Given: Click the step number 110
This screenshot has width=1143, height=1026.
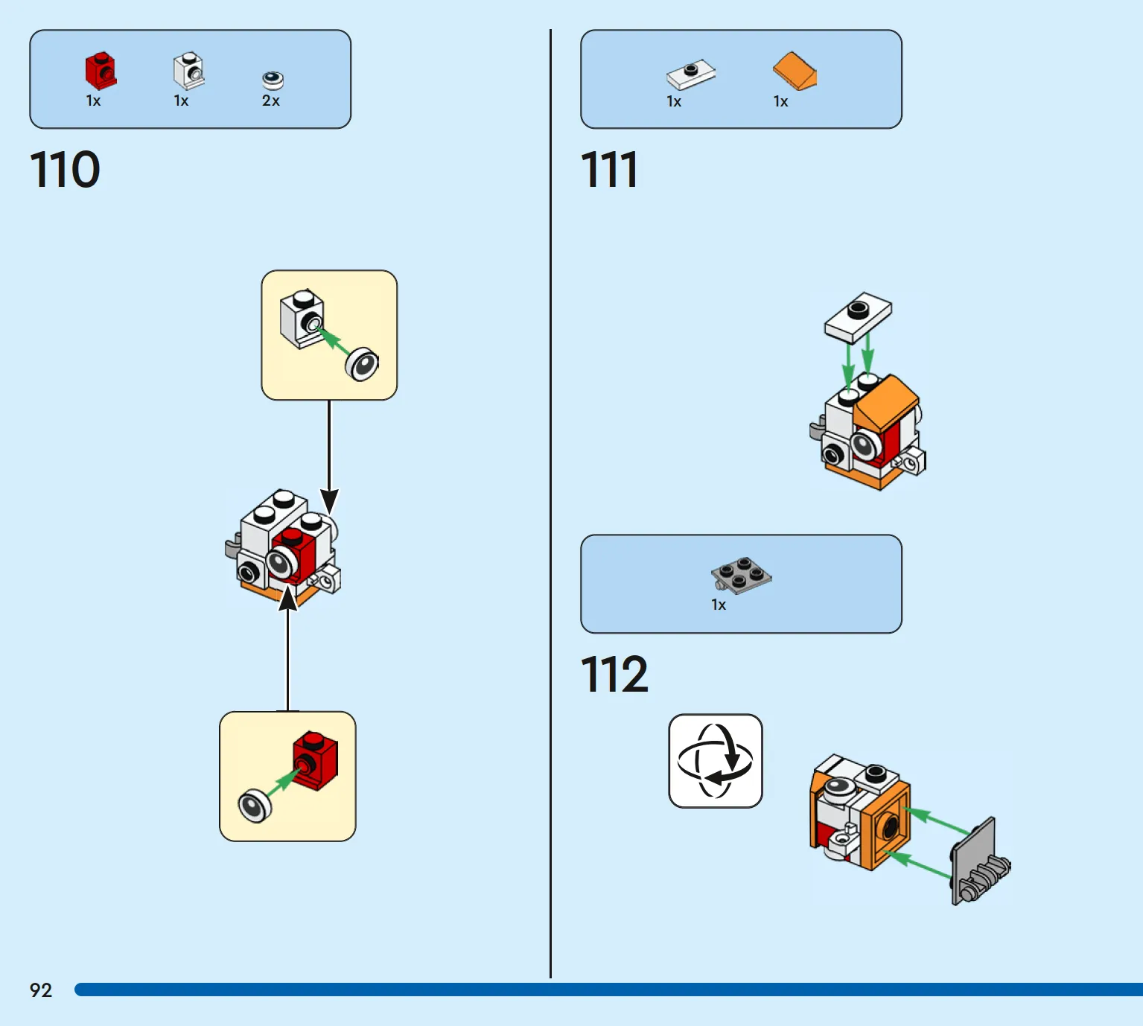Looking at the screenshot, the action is click(65, 169).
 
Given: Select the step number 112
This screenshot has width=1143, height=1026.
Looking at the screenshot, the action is click(614, 674).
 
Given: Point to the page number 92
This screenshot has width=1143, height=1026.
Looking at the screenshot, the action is click(41, 990).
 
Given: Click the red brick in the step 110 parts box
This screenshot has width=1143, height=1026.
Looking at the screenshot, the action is click(101, 71).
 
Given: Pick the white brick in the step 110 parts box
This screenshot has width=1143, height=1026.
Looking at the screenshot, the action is click(189, 71).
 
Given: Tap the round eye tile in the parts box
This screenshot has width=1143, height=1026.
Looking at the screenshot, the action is click(273, 80).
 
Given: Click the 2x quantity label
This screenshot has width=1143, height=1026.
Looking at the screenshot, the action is click(271, 101).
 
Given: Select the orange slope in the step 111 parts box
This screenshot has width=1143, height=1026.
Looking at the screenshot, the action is click(795, 71).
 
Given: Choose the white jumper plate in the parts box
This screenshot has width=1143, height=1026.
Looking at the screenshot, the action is click(690, 74).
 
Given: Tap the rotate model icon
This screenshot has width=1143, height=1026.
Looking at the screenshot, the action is click(716, 761).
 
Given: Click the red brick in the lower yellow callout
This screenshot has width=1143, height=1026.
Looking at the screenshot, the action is click(315, 760).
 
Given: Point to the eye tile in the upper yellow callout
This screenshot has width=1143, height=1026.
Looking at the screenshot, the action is click(362, 364).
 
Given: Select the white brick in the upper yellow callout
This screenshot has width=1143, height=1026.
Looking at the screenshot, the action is click(302, 319).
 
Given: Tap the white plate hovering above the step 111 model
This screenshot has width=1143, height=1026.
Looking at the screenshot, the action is click(858, 317).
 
